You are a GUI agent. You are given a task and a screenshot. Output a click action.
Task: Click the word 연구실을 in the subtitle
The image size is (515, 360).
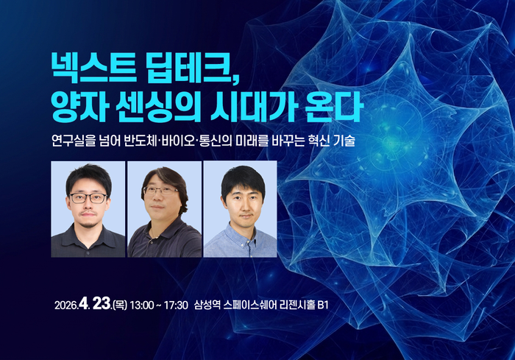71,140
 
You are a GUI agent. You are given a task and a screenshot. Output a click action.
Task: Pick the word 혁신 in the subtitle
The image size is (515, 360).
314,140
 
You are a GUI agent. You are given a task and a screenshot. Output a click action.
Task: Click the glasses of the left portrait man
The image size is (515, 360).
88,198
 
